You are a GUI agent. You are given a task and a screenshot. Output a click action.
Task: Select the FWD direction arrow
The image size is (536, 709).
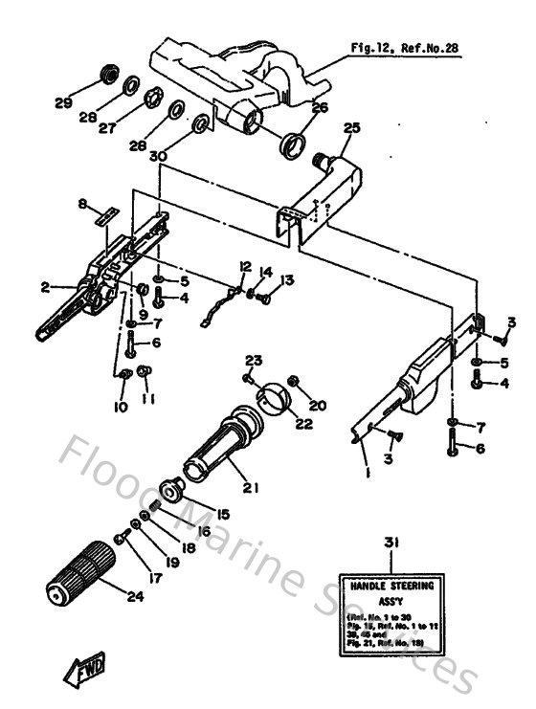pos(84,667)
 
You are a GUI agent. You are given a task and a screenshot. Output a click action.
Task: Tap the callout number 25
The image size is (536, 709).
pos(351,127)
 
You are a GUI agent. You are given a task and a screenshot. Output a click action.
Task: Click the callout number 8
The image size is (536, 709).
pos(82,203)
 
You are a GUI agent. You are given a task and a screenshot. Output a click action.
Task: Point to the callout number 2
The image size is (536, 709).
pos(44,285)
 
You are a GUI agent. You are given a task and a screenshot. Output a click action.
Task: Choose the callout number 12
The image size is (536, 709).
pos(245,265)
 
